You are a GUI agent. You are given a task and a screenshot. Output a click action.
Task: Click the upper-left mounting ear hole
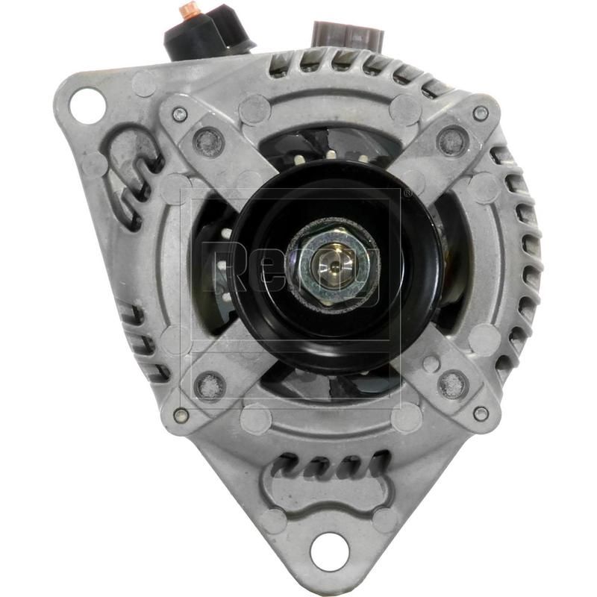[x=87, y=105]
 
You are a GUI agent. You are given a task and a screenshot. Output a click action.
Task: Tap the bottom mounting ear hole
[x=330, y=552]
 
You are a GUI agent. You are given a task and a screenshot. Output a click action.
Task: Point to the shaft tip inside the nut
[x=329, y=262]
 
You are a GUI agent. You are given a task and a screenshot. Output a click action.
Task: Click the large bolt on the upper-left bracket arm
[x=208, y=140]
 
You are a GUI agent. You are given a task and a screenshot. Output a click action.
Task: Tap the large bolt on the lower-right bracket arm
[x=453, y=384]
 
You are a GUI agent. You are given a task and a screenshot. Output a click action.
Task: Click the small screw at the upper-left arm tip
[x=179, y=114]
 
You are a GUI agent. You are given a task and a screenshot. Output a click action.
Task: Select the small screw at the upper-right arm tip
[x=481, y=113]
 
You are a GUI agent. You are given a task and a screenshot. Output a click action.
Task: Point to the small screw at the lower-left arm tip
[x=180, y=415]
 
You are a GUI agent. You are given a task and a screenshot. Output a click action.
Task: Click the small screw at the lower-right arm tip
[x=481, y=413]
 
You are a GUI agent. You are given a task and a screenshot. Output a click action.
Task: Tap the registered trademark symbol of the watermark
[x=407, y=193]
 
